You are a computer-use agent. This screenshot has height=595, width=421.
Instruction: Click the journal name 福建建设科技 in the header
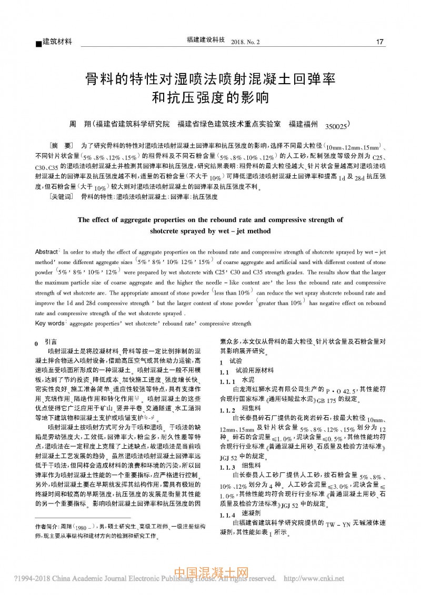click(x=206, y=40)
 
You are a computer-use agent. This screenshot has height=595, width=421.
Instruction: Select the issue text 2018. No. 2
click(x=245, y=41)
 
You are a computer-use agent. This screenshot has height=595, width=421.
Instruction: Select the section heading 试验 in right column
click(x=235, y=361)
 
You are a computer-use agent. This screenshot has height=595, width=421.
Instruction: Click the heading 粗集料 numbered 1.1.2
click(x=252, y=408)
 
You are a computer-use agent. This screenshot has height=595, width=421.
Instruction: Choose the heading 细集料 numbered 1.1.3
click(x=252, y=467)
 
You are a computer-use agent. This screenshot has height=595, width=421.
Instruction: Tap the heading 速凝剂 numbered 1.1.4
click(x=252, y=513)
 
